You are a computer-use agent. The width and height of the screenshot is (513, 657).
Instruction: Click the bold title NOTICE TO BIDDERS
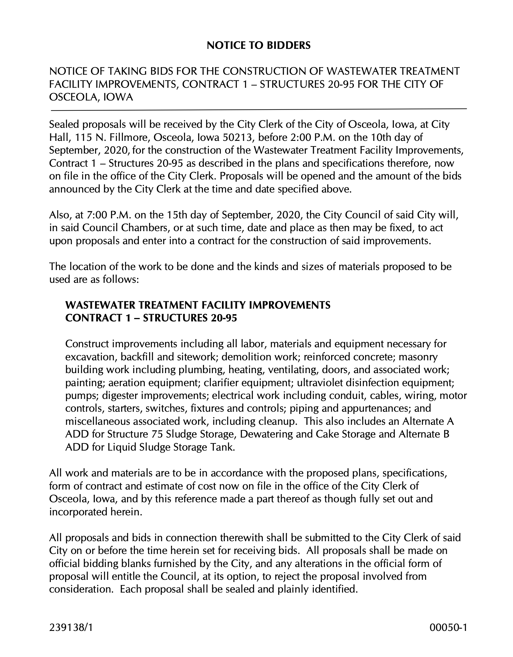pos(258,45)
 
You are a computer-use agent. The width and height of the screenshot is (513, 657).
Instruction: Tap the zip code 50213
pos(235,137)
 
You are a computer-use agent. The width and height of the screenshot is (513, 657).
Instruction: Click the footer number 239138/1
pos(71,627)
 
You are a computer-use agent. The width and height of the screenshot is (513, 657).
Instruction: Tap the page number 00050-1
pos(448,627)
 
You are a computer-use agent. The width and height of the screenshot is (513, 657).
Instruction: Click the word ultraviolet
pos(320,383)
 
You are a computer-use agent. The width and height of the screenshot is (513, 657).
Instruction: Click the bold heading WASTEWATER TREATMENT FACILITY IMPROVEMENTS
pos(197,305)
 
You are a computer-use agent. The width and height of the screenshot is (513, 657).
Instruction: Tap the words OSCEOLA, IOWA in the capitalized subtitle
pos(91,97)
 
